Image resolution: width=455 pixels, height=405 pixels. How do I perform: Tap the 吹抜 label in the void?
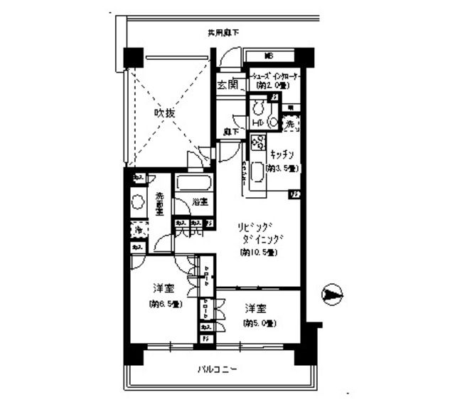click(x=166, y=113)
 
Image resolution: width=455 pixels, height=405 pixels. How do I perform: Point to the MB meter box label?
click(x=269, y=56)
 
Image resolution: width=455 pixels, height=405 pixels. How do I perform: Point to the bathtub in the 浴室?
click(x=191, y=184)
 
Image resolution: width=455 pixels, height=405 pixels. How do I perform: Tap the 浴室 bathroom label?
click(x=199, y=202)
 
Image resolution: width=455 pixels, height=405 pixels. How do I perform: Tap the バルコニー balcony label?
click(x=218, y=370)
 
